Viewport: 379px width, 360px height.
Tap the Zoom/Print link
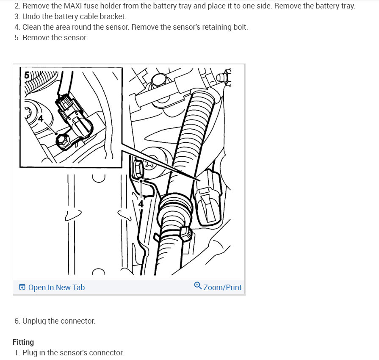click(x=222, y=287)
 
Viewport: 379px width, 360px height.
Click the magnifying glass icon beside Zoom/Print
click(x=198, y=285)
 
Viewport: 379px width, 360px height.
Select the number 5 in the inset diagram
click(x=27, y=75)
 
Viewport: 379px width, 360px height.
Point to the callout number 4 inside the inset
click(x=41, y=119)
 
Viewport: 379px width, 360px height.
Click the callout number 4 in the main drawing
click(x=141, y=204)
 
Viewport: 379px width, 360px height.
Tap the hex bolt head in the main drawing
click(x=138, y=169)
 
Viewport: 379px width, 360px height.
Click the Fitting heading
click(x=23, y=342)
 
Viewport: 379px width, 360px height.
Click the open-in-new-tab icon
click(x=22, y=287)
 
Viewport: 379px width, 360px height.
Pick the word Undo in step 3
click(x=30, y=17)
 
